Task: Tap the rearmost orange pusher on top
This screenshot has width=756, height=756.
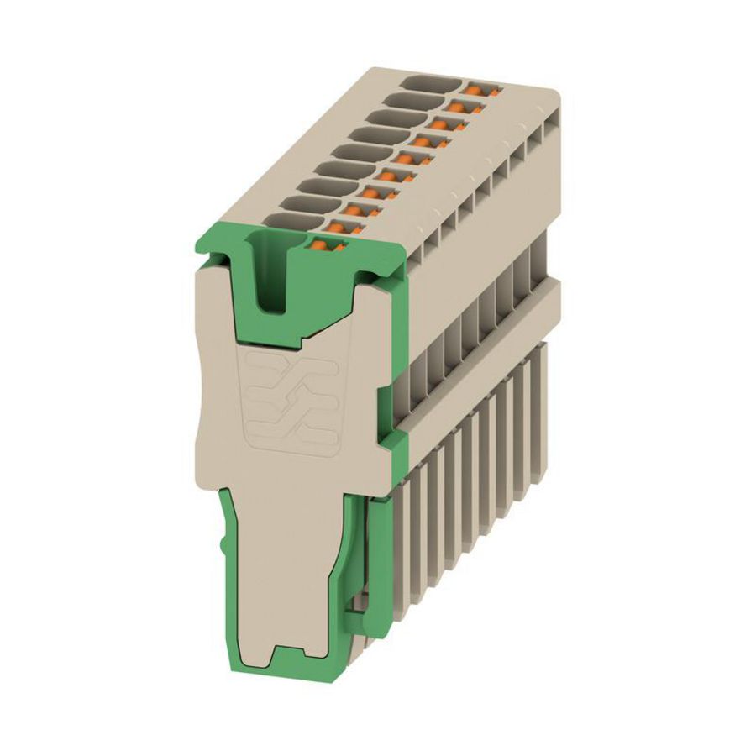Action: (479, 88)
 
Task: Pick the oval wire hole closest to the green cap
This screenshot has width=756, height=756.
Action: (287, 220)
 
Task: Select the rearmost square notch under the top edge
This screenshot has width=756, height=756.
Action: (550, 126)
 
